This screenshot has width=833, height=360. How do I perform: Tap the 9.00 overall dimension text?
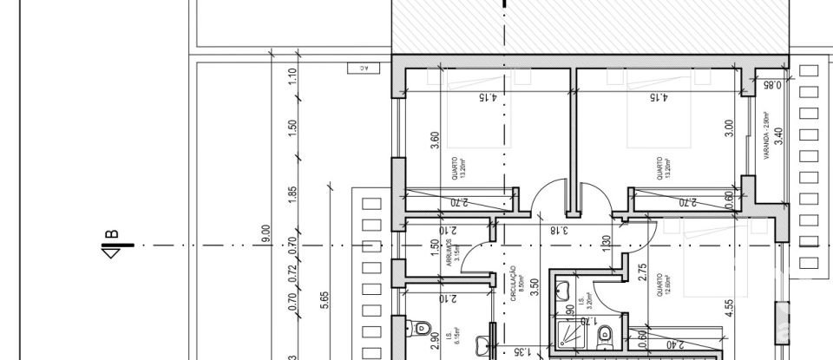[x=266, y=234]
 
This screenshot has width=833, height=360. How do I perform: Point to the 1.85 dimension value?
[x=292, y=195]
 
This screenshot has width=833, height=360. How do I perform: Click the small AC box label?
[x=357, y=68]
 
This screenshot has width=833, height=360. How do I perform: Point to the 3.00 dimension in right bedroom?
[x=730, y=128]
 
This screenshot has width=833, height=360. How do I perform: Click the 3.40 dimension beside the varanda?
[x=780, y=137]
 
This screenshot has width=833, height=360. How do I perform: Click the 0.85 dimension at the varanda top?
[x=772, y=86]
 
